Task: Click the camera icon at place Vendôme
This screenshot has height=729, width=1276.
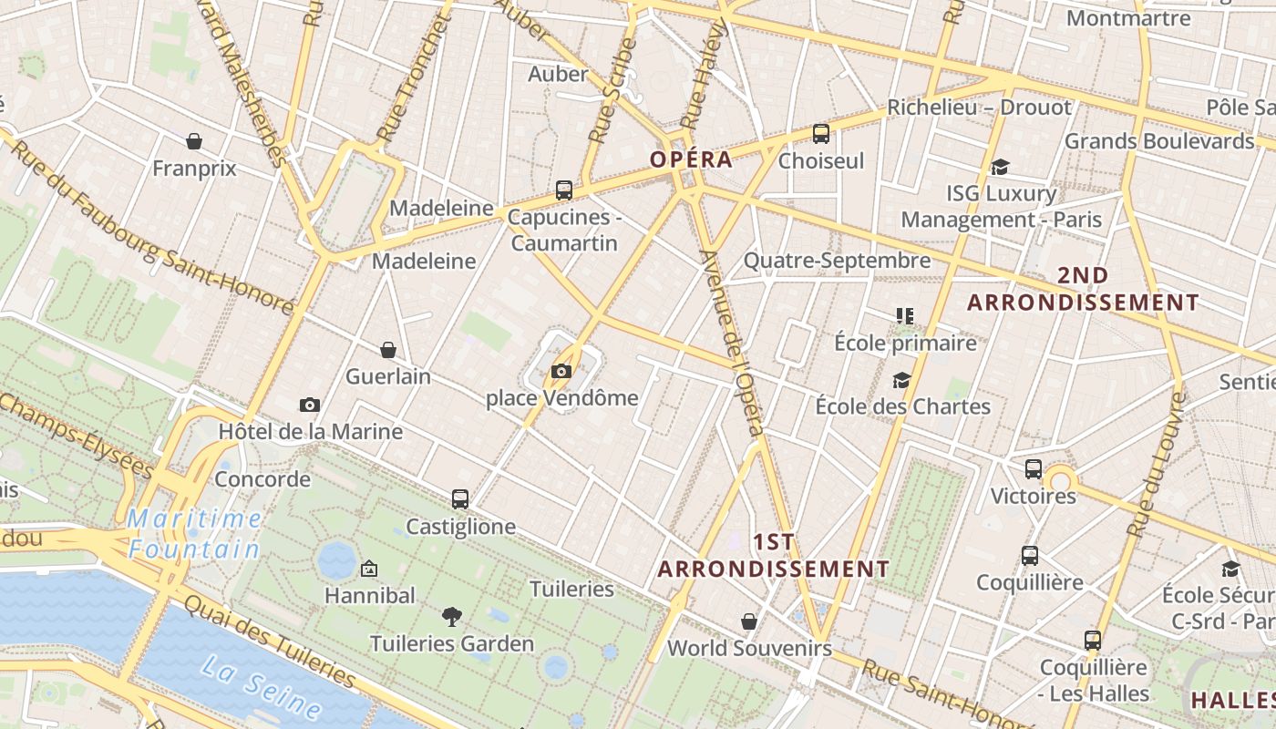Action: pyautogui.click(x=561, y=371)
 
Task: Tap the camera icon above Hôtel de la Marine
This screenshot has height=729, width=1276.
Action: pyautogui.click(x=310, y=405)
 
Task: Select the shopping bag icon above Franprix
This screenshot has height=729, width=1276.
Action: pyautogui.click(x=194, y=141)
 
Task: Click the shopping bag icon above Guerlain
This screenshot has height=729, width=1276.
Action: pyautogui.click(x=388, y=350)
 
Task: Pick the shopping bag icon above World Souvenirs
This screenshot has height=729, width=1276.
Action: pyautogui.click(x=749, y=621)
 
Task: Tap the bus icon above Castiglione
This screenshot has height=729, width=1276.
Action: pyautogui.click(x=460, y=499)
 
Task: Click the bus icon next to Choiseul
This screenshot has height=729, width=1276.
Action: pyautogui.click(x=821, y=134)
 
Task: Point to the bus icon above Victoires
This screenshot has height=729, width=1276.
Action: pyautogui.click(x=1034, y=469)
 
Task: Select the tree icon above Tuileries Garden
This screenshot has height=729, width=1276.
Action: pyautogui.click(x=451, y=617)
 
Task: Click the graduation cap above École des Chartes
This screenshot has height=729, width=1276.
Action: pyautogui.click(x=902, y=380)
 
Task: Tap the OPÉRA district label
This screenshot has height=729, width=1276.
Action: pyautogui.click(x=691, y=159)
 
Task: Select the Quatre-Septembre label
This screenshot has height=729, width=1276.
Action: pyautogui.click(x=837, y=261)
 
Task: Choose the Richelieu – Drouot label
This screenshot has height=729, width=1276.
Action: pyautogui.click(x=980, y=108)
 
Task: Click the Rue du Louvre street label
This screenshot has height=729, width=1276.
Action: pyautogui.click(x=1155, y=465)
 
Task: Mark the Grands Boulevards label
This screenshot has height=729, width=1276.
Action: pyautogui.click(x=1159, y=141)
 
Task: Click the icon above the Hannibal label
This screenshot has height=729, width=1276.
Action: pyautogui.click(x=369, y=569)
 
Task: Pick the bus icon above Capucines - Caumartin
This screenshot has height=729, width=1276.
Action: pyautogui.click(x=564, y=190)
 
